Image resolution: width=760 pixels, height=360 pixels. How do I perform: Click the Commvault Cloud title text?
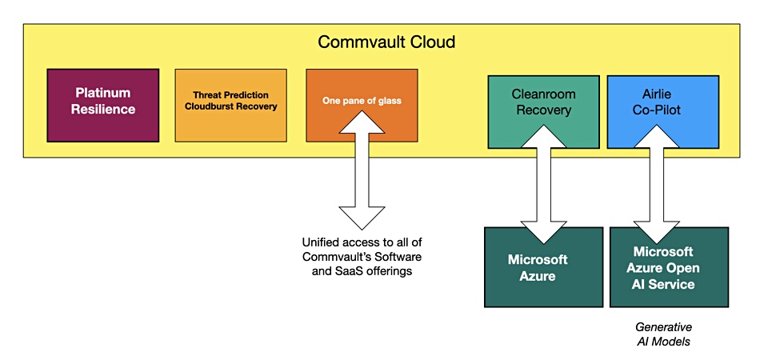pos(386,42)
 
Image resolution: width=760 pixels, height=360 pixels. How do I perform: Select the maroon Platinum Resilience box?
pos(103,106)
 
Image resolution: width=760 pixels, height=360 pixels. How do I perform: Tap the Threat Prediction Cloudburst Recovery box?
pos(230,106)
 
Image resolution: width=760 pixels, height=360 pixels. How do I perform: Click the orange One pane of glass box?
pos(362,106)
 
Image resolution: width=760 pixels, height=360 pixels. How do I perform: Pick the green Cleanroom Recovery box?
pos(543,112)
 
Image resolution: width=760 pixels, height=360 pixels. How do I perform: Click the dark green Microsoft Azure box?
pos(543,267)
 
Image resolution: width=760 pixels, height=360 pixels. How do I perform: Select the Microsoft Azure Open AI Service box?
pos(669,267)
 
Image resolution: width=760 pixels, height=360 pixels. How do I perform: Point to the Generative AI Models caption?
pos(663,334)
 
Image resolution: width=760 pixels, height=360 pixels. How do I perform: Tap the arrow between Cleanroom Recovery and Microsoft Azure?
pos(543,184)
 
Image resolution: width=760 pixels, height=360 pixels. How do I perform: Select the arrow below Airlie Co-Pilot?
pos(658,184)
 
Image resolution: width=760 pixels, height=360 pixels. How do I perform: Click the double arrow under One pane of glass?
pos(362,170)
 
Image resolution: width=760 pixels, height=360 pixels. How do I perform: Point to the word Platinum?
pos(103,93)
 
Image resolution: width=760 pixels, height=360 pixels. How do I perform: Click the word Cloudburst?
pos(209,106)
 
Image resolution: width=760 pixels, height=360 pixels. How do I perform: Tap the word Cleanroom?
pos(543,94)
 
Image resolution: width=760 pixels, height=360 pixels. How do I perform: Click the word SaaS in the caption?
pos(341,271)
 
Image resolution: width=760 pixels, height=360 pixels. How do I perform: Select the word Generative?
pos(663,326)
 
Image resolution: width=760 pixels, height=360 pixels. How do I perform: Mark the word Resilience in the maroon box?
pos(103,109)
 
